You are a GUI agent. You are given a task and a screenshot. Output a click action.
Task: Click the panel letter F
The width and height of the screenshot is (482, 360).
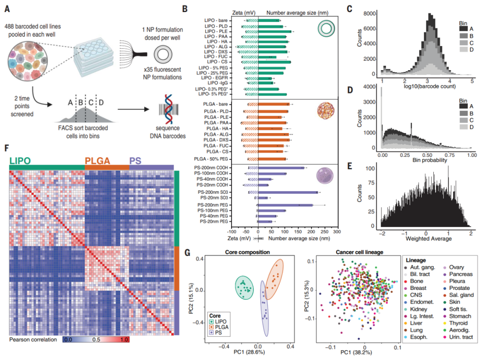[x=7, y=148]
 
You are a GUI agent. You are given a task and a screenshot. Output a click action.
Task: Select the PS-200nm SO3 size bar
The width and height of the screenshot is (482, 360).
[x=288, y=193]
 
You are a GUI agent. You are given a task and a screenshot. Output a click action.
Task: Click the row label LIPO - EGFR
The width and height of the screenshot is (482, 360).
[x=215, y=78]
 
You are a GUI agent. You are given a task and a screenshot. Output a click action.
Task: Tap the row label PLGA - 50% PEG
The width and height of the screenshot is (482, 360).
[x=211, y=159]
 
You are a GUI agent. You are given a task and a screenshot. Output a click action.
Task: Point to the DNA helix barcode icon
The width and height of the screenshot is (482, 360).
[x=168, y=109]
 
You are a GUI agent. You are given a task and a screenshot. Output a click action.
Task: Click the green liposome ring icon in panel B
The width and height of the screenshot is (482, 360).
[x=326, y=29]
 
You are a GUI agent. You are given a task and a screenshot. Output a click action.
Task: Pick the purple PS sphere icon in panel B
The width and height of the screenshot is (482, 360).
[x=324, y=176]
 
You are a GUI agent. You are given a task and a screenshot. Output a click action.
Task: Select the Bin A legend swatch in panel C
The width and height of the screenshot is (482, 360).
[x=464, y=29]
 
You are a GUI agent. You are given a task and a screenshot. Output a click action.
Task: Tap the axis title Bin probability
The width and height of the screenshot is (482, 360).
[x=429, y=160]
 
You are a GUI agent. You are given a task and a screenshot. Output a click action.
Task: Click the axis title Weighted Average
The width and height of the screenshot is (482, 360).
[x=428, y=239]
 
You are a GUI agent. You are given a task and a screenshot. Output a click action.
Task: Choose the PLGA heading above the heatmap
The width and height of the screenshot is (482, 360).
[x=97, y=161]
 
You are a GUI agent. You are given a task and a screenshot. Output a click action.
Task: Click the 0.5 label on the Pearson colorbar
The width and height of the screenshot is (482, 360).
[x=96, y=339]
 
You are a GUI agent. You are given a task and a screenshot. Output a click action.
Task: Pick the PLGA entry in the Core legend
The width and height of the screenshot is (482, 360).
[x=221, y=327]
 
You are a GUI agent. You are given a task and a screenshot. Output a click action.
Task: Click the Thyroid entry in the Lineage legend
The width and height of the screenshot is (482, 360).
[x=458, y=323]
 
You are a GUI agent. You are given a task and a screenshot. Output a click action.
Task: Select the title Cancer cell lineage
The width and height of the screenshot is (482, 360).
[x=359, y=252]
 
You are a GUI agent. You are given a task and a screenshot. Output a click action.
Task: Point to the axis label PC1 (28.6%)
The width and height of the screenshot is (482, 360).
[x=249, y=352]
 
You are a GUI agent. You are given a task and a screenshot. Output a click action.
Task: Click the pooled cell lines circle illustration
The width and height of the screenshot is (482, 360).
[x=28, y=61]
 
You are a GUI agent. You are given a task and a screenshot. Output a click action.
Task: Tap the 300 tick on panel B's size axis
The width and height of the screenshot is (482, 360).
[x=337, y=232]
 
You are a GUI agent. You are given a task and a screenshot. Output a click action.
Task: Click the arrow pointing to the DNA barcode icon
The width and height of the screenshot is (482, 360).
[x=133, y=109]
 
